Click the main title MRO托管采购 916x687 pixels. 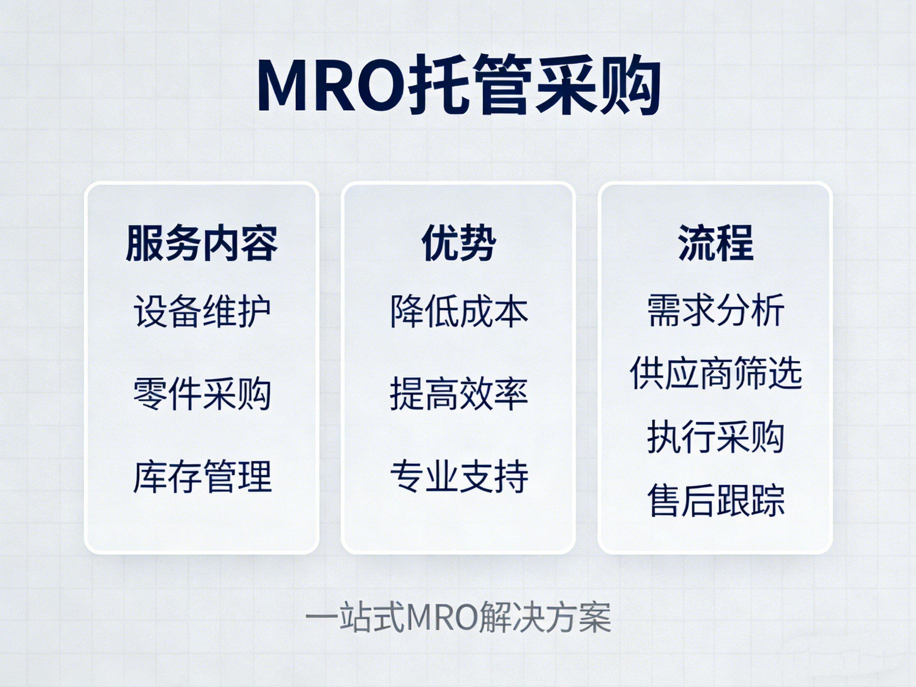pos(458,86)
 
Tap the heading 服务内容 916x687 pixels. pos(201,243)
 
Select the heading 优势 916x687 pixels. pos(458,243)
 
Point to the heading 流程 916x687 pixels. pos(715,243)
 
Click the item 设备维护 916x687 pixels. pos(201,311)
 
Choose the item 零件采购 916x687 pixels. pos(201,393)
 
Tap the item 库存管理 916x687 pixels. pos(201,476)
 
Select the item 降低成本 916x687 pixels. pos(458,311)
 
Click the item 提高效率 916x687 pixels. pos(458,393)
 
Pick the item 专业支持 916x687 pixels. pos(458,476)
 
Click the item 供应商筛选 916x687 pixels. pos(715,373)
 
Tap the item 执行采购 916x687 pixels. pos(715,437)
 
